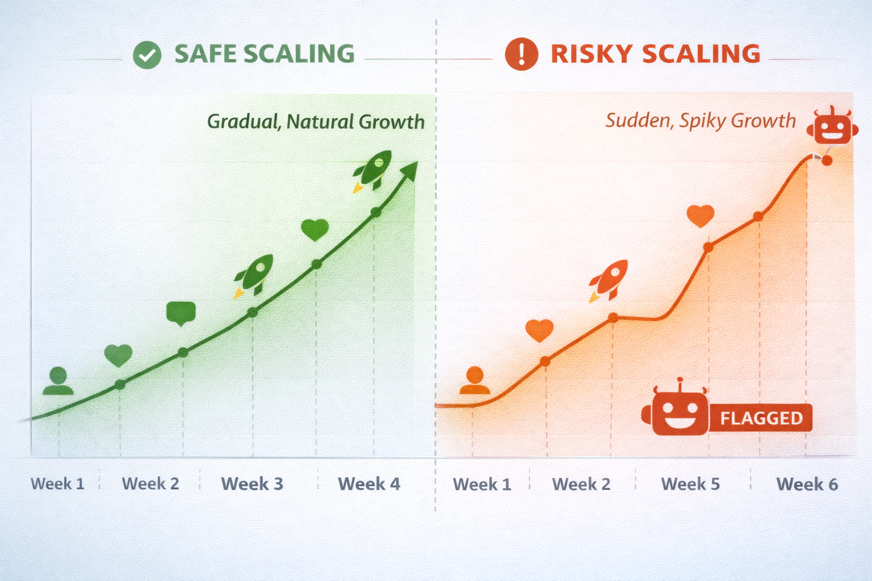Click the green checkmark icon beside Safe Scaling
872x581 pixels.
coord(147,55)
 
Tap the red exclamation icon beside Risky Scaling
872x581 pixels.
coord(521,54)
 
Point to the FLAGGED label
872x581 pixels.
coord(761,418)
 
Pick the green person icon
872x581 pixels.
coord(58,381)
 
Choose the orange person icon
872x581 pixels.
coord(475,380)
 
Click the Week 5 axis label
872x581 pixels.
coord(690,484)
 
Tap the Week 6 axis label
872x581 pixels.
coord(807,485)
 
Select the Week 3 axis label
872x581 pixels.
coord(252,484)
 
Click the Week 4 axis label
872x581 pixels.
coord(369,484)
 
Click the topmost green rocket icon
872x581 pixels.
coord(372,171)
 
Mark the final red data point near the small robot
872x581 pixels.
coord(827,160)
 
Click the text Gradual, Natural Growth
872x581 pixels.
coord(316,121)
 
